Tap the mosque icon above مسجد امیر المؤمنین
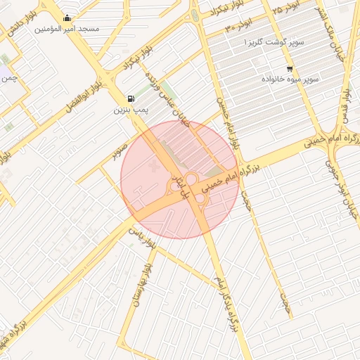[x=67, y=18]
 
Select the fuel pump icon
[x=131, y=99]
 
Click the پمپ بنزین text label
[x=131, y=110]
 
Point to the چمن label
[x=9, y=78]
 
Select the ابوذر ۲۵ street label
[x=287, y=8]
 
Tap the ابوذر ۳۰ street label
[x=238, y=27]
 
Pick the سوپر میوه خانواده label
[x=292, y=79]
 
